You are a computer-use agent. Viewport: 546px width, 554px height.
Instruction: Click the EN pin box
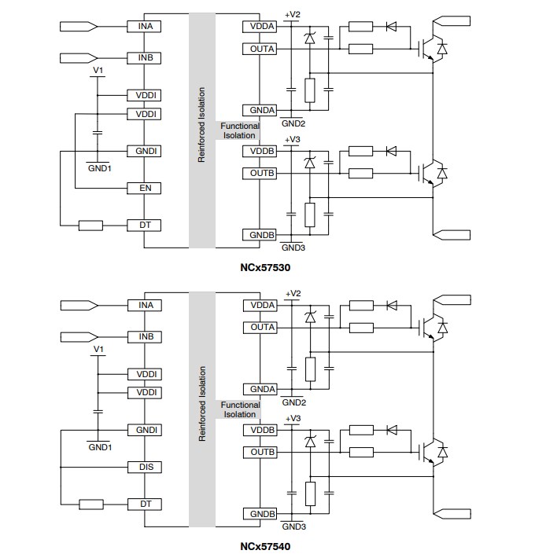[145, 189]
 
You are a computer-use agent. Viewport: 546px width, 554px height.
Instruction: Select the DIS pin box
[145, 468]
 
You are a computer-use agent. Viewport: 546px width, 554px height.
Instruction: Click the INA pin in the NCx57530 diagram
[145, 26]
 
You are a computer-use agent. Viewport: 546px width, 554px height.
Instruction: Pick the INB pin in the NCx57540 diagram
[145, 337]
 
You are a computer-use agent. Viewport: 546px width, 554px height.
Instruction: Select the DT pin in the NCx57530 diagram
[145, 226]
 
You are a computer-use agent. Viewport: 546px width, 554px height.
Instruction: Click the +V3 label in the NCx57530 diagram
[293, 139]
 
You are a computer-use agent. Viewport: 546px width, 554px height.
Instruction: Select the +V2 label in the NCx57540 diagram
[293, 293]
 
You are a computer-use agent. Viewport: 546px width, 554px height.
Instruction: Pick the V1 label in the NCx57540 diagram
[98, 349]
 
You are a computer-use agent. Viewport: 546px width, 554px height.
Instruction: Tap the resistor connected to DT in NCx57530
[90, 226]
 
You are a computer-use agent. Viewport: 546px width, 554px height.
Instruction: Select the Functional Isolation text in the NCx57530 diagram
[239, 130]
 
